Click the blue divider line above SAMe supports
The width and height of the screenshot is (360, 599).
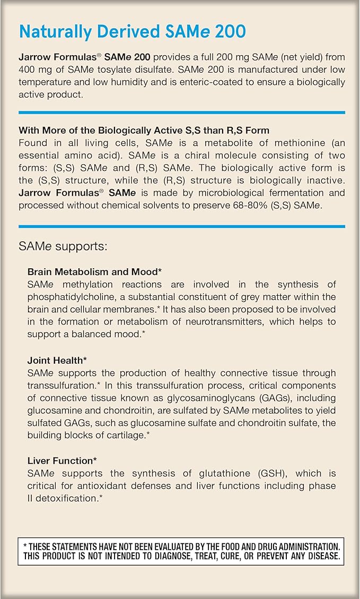coord(181,226)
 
